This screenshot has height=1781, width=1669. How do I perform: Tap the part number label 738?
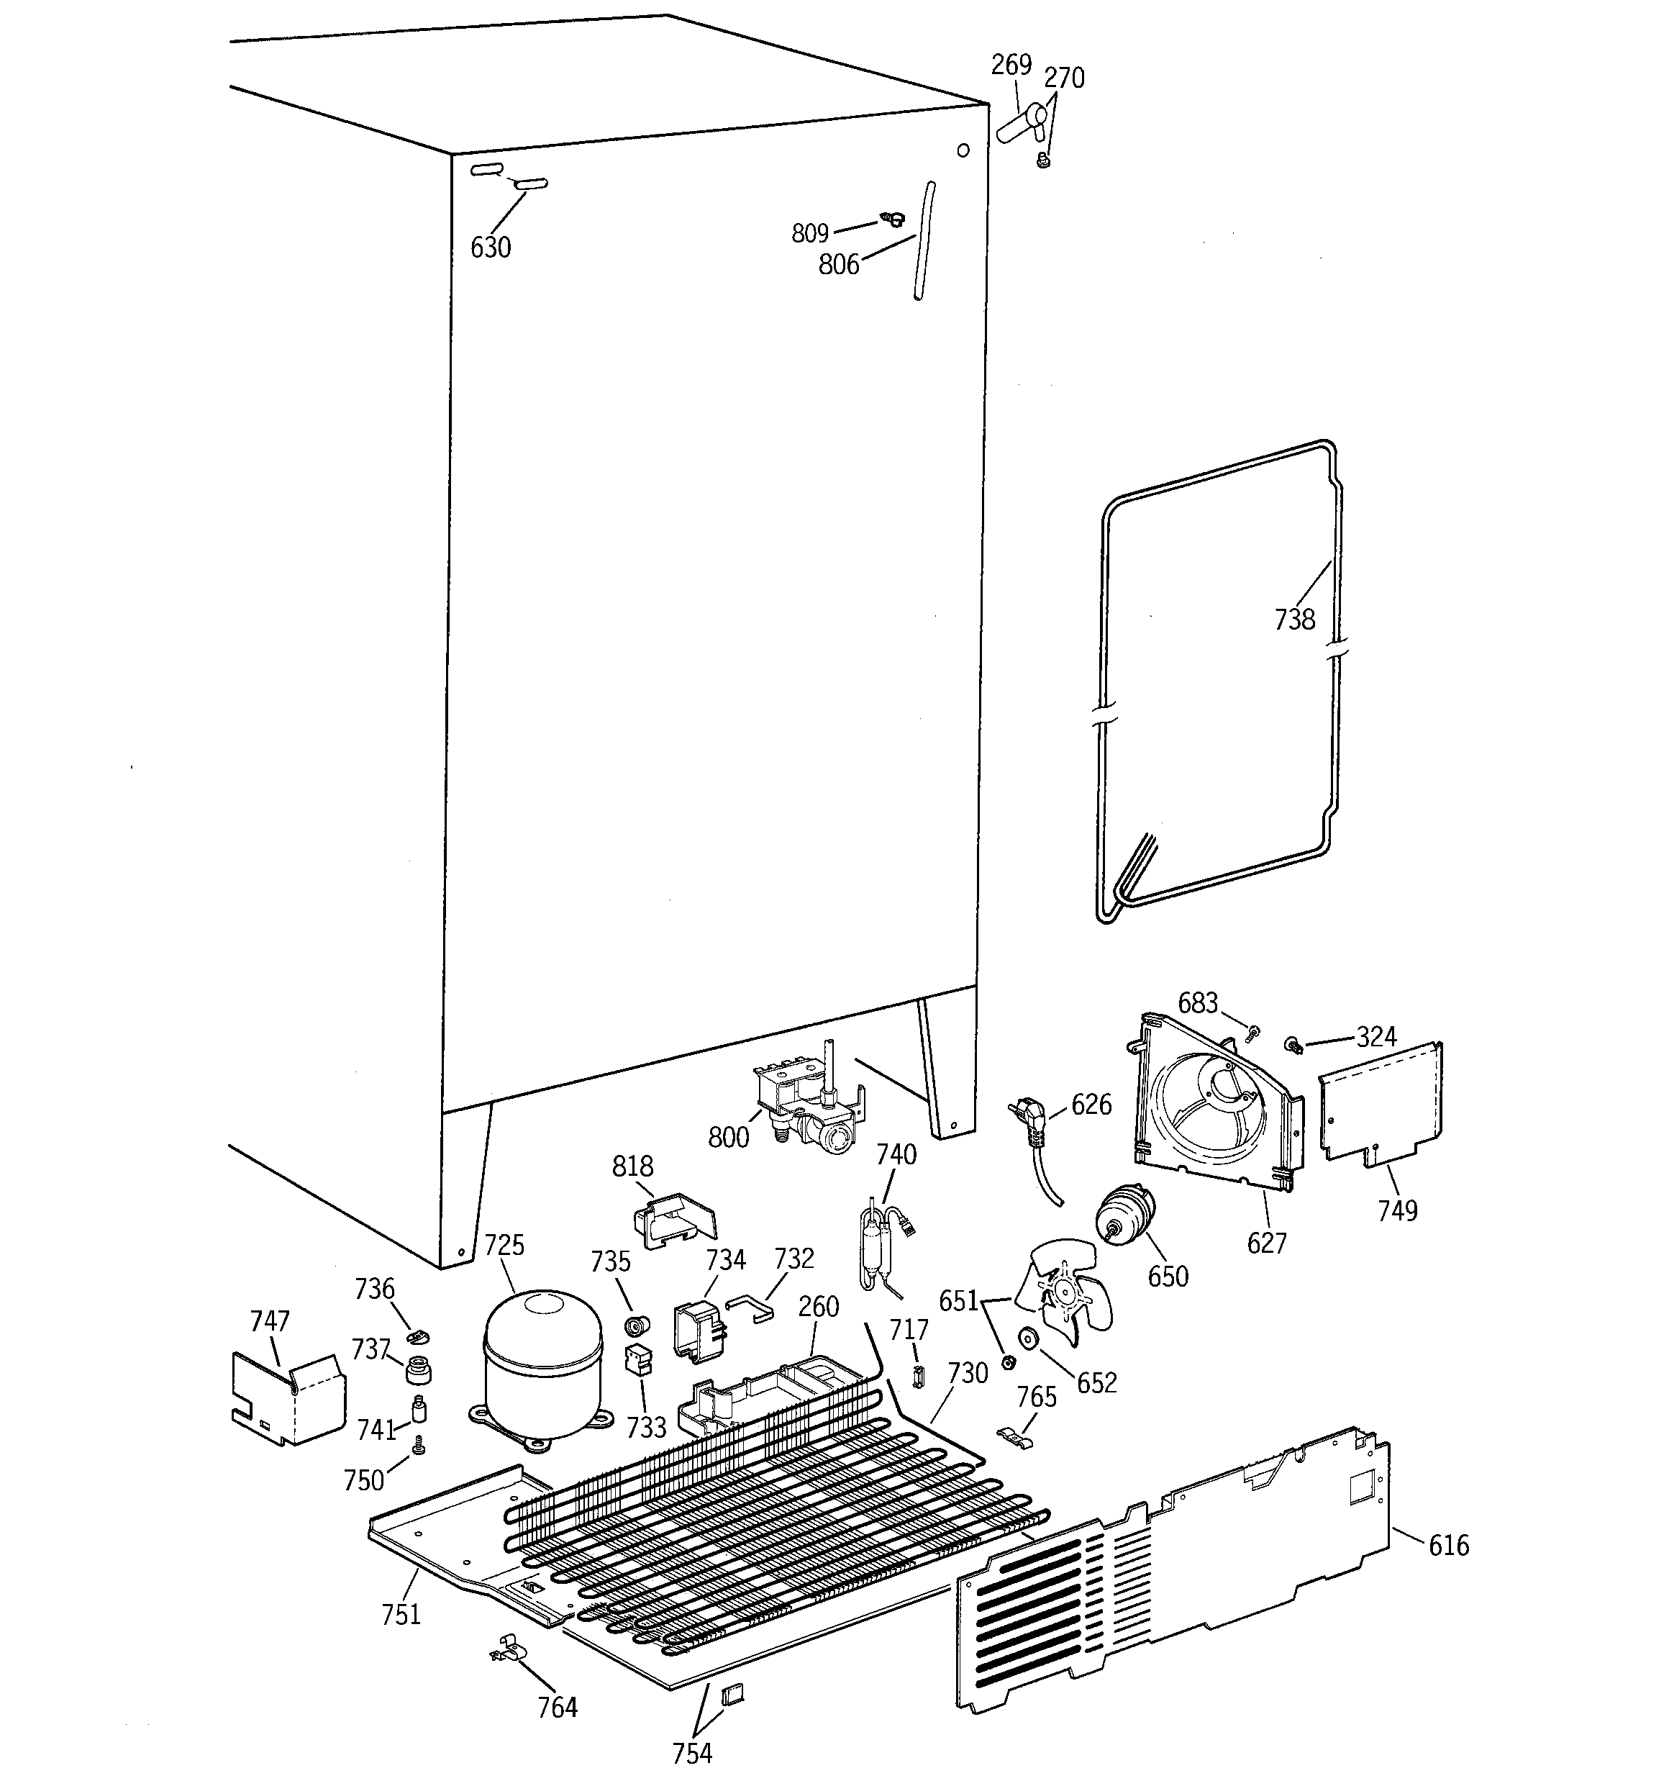pyautogui.click(x=1294, y=619)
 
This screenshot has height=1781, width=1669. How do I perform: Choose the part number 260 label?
pyautogui.click(x=818, y=1306)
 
